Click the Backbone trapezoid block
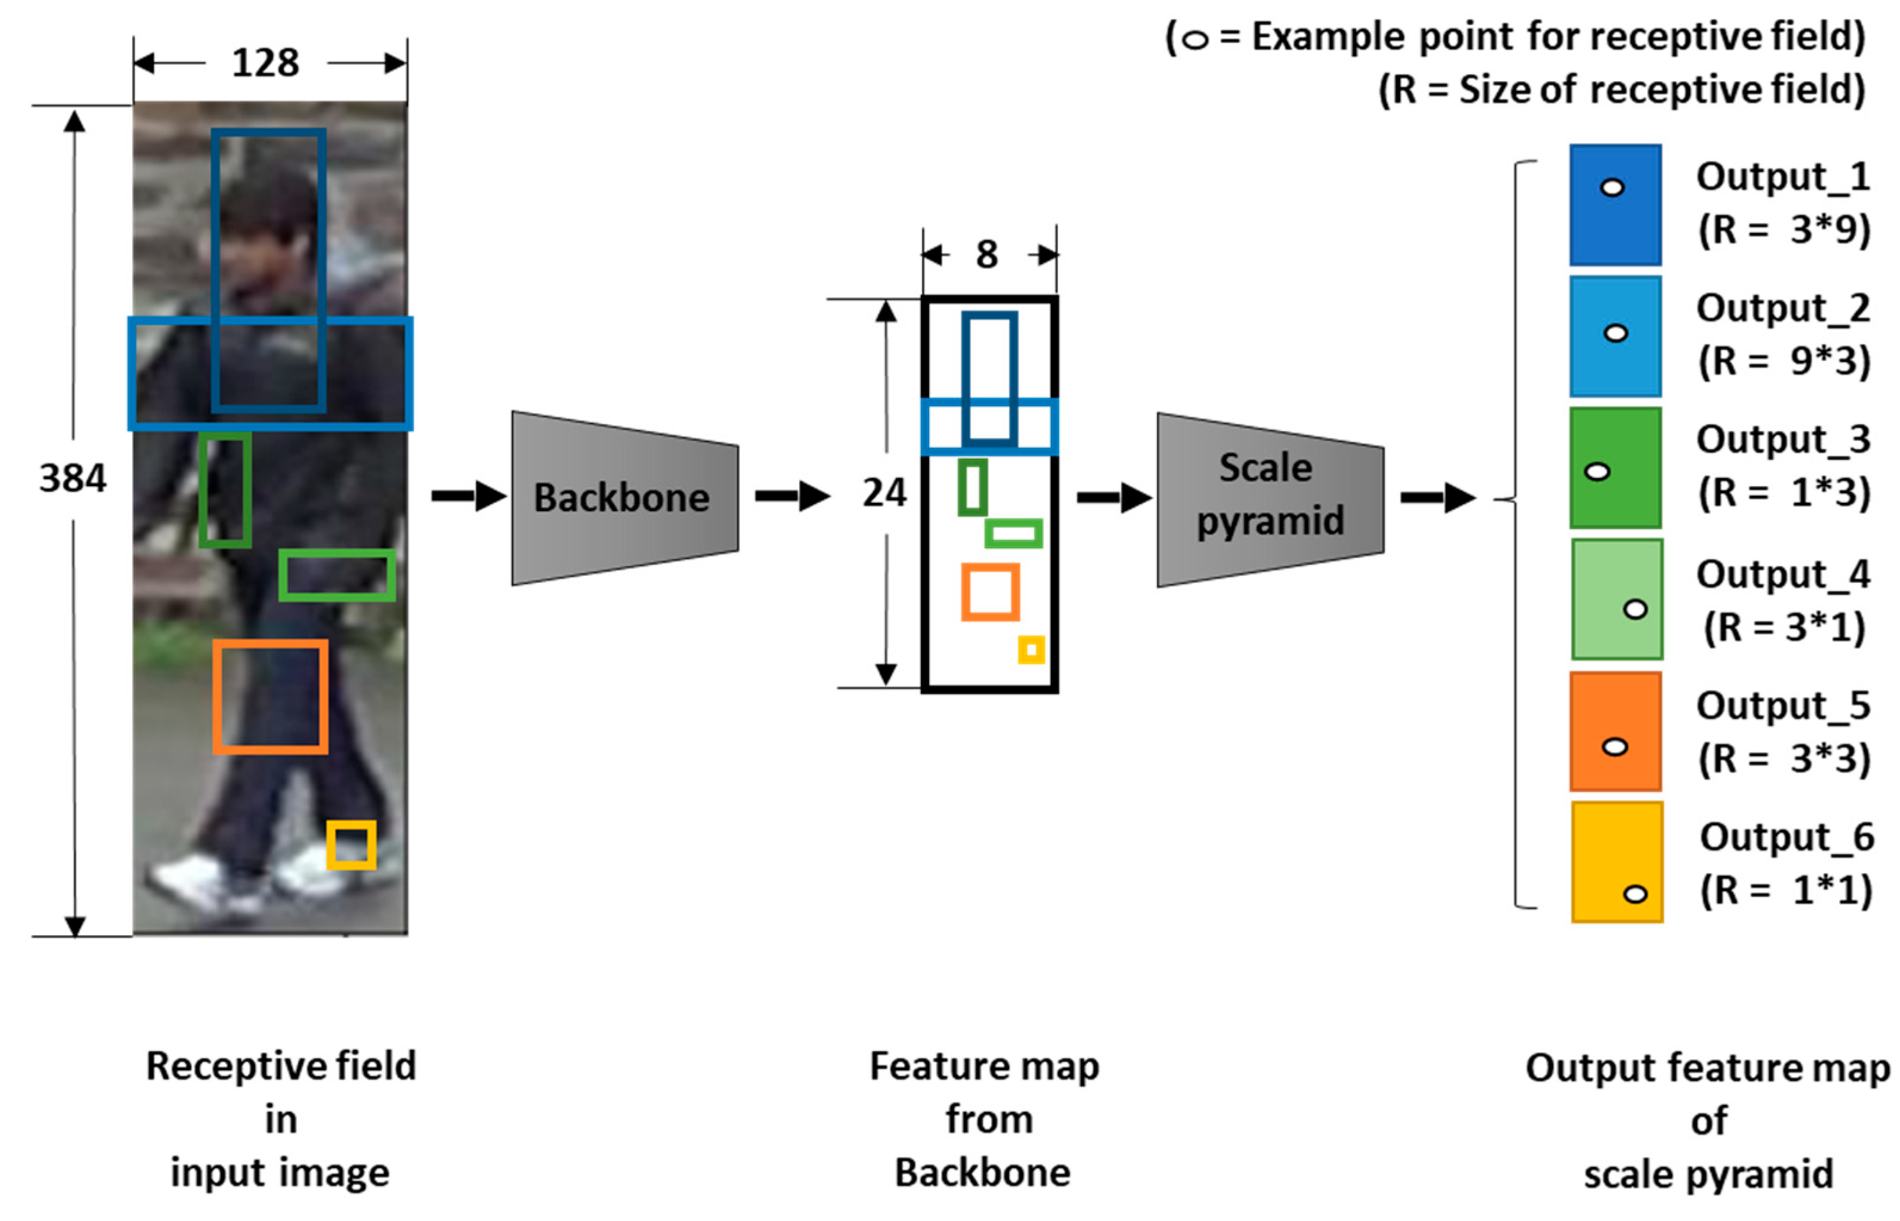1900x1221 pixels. point(624,498)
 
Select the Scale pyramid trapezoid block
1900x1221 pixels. point(1269,499)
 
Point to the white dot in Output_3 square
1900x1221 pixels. point(1596,472)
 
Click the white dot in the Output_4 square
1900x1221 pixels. point(1635,609)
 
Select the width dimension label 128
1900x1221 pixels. point(265,63)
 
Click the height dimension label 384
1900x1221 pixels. point(72,478)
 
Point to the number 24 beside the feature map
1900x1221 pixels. point(884,492)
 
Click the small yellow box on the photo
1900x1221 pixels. point(351,845)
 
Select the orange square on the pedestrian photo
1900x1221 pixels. point(270,696)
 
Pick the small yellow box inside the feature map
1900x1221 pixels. point(1031,650)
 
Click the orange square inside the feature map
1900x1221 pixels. point(990,592)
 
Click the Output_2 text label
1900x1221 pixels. point(1783,308)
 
